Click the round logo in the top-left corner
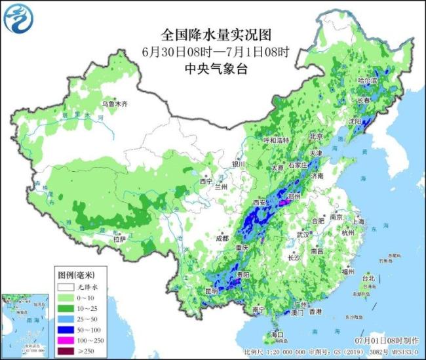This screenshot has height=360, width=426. pyautogui.click(x=18, y=18)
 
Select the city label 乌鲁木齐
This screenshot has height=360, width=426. pyautogui.click(x=115, y=104)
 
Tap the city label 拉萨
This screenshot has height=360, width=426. pyautogui.click(x=119, y=239)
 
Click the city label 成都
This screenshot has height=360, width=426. pyautogui.click(x=222, y=239)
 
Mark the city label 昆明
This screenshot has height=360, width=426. pyautogui.click(x=211, y=290)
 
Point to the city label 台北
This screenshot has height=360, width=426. pyautogui.click(x=369, y=278)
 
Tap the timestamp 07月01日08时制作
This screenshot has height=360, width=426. pyautogui.click(x=386, y=342)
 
